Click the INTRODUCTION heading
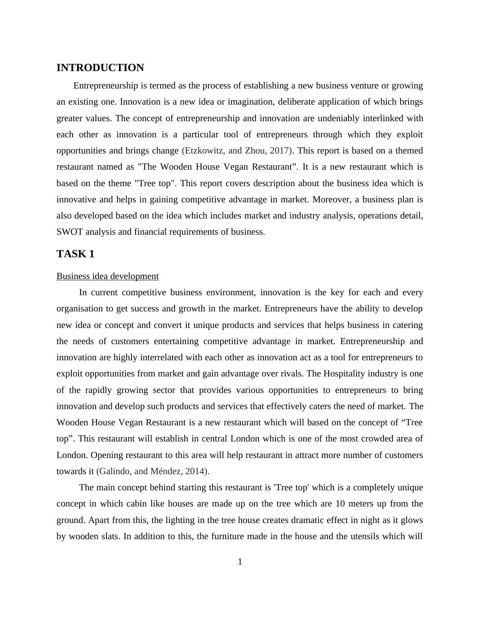pos(100,68)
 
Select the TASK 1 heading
pos(75,254)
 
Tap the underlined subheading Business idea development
pos(107,276)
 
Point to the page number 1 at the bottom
pos(240,562)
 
